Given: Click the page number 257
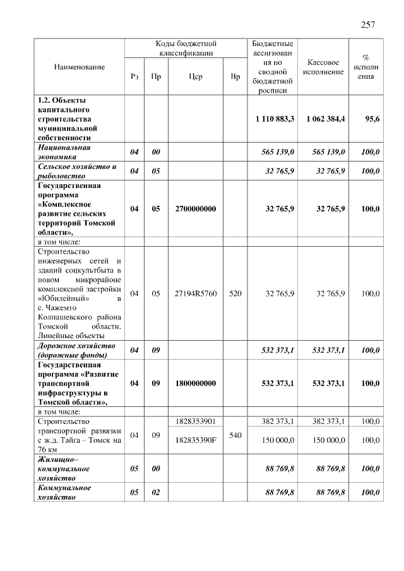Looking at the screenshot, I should [368, 25].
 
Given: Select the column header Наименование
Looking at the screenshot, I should [79, 66].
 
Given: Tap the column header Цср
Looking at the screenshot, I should [195, 76].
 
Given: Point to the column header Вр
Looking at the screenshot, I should [235, 76].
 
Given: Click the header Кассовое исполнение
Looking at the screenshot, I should [323, 67].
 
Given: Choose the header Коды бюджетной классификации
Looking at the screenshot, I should [186, 49].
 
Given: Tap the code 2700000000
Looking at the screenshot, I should [195, 209].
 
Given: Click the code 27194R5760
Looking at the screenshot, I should [195, 293].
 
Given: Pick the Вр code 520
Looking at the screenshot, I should [235, 293].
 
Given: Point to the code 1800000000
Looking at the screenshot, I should [195, 383].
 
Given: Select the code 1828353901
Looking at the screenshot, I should [195, 421].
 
